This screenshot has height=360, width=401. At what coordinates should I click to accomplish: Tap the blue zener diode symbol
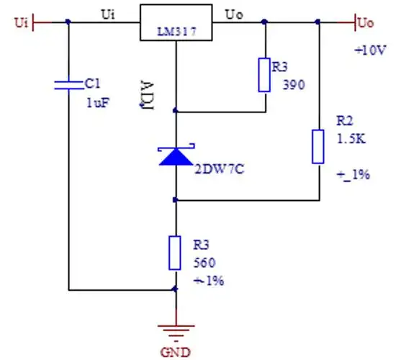coord(176,155)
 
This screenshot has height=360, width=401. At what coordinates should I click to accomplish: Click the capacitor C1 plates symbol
coord(68,84)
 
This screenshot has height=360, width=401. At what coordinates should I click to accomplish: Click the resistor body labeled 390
coord(264,75)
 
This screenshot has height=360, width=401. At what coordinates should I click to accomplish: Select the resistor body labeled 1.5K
coord(317,146)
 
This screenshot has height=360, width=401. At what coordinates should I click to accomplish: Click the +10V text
coord(370,51)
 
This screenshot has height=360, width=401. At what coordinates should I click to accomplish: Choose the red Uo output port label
coord(366,23)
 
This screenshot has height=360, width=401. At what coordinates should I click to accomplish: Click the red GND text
coord(176,352)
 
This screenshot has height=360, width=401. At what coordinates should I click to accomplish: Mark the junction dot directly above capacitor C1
coord(68,22)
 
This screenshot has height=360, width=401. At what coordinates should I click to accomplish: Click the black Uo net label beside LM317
coord(235,14)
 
